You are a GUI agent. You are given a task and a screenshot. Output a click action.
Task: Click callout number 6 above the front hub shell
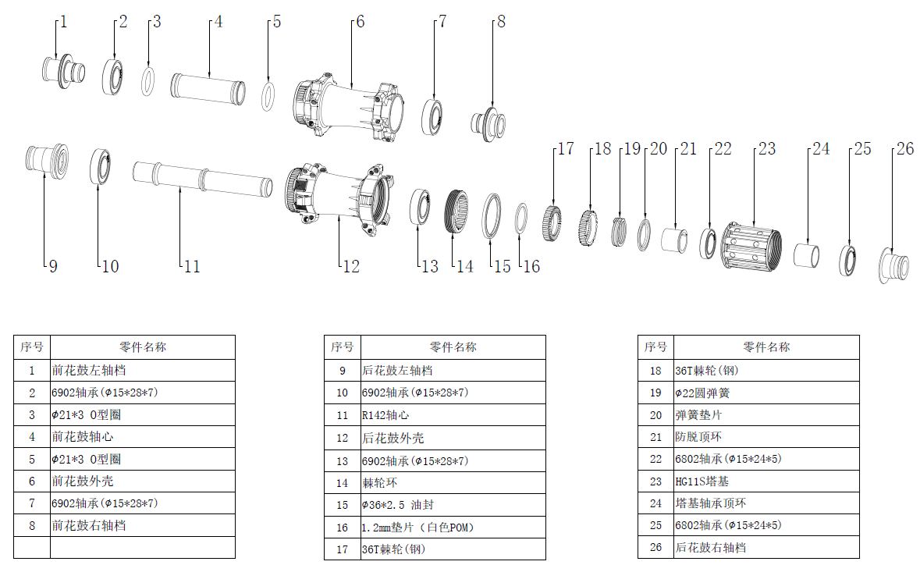tap(360, 22)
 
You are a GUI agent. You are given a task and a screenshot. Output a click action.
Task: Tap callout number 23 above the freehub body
tap(767, 148)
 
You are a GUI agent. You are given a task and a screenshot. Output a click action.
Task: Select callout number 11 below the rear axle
tap(192, 267)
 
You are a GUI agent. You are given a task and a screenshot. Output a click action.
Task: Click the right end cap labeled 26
tap(893, 265)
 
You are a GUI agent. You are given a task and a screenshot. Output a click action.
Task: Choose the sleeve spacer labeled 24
tap(808, 255)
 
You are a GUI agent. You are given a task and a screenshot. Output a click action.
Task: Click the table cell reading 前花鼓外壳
tap(83, 481)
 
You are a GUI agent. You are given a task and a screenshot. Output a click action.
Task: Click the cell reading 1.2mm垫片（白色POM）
tap(417, 528)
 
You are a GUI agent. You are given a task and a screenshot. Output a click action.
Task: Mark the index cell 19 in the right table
tap(655, 393)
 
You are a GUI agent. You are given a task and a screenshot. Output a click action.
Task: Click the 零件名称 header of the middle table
tap(453, 347)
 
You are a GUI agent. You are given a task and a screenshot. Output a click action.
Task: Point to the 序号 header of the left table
tap(32, 347)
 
